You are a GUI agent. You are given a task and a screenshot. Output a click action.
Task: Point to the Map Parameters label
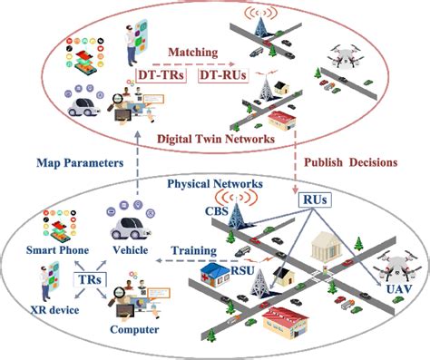[x=80, y=164]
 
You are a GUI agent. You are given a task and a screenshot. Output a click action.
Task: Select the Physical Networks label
[x=215, y=184]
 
